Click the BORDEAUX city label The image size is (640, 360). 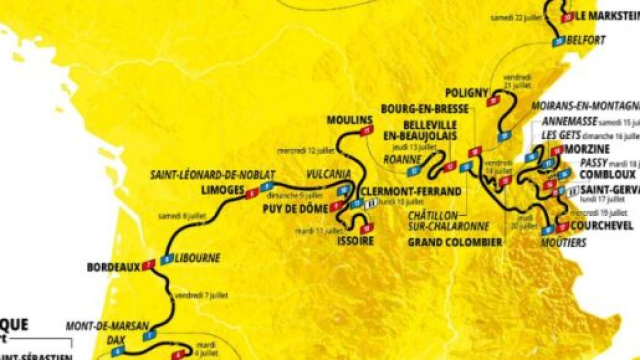112,267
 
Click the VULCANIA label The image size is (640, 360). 329,173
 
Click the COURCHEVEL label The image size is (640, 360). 604,226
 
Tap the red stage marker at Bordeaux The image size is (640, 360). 148,265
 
